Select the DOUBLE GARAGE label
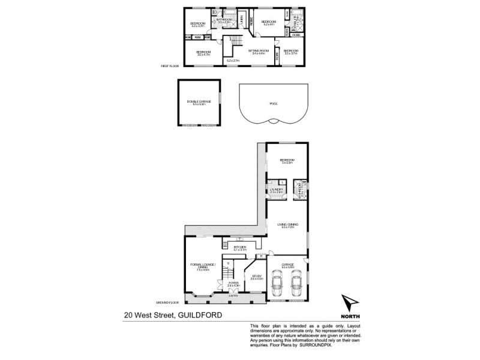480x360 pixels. point(199,102)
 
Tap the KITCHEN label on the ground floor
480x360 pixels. point(240,247)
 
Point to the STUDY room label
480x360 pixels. point(256,276)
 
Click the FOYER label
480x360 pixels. point(233,283)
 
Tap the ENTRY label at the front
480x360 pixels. point(233,295)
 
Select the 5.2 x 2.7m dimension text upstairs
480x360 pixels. point(233,60)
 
